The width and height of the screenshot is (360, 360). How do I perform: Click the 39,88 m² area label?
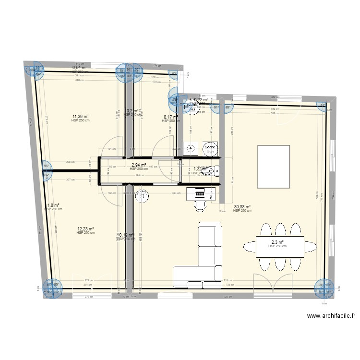point(242,207)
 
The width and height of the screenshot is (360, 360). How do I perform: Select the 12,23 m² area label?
point(85,229)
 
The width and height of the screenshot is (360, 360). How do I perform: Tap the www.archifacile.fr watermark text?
point(332,316)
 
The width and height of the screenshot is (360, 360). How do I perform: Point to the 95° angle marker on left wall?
point(47,167)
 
